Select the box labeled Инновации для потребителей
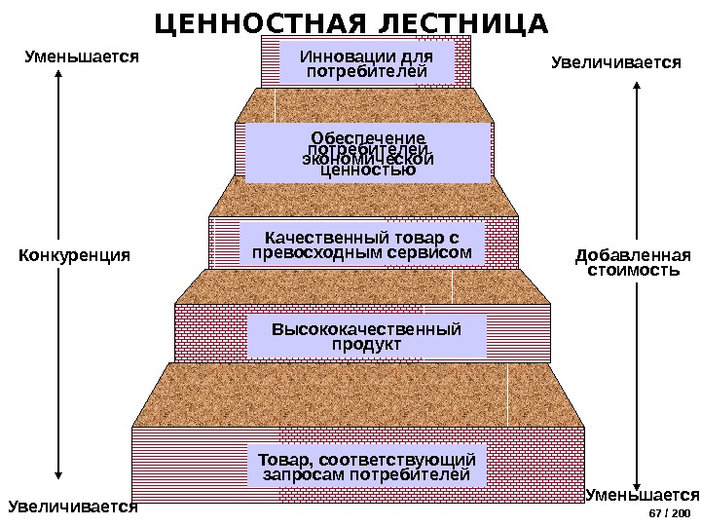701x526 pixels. pyautogui.click(x=366, y=62)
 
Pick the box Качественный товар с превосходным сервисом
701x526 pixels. pyautogui.click(x=361, y=245)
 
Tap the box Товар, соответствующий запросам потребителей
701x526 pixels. pyautogui.click(x=366, y=467)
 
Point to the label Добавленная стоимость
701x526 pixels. pyautogui.click(x=633, y=263)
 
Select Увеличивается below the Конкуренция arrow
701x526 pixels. pyautogui.click(x=73, y=507)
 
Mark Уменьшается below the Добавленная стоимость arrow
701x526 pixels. pyautogui.click(x=643, y=494)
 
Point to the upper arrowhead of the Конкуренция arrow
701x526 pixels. pyautogui.click(x=59, y=71)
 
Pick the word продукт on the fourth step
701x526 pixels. pyautogui.click(x=366, y=345)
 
